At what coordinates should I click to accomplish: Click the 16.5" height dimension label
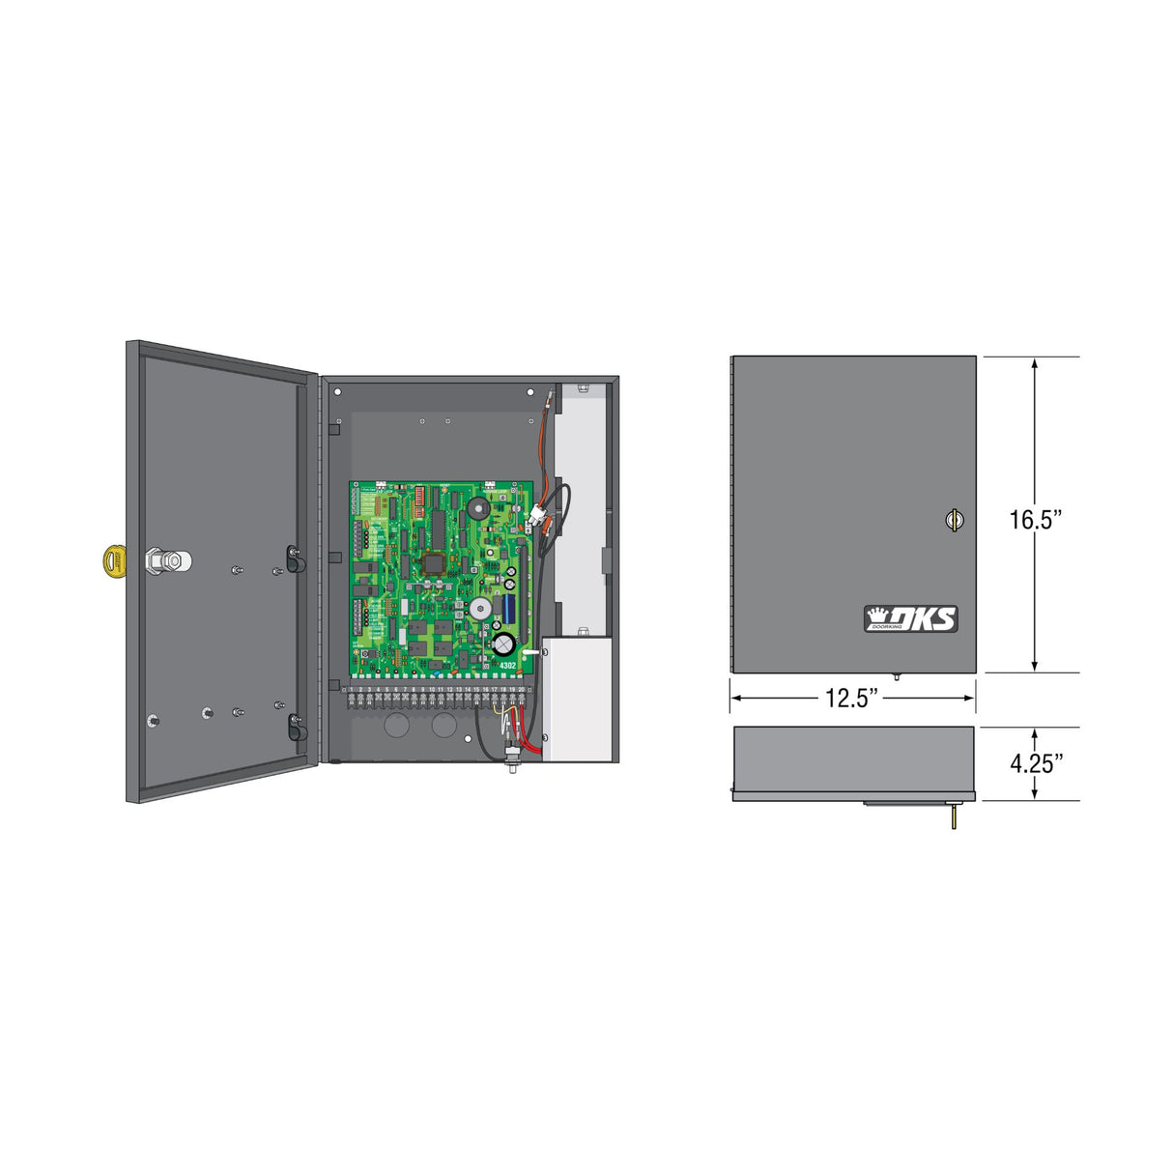click(1036, 519)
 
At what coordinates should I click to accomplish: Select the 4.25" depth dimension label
click(1036, 763)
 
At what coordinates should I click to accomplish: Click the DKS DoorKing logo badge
click(910, 618)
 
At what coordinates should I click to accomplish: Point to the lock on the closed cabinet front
click(954, 520)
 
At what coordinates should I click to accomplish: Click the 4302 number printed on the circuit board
click(508, 665)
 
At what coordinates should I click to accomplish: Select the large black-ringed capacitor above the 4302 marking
click(503, 643)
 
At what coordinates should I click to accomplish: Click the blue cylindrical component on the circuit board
click(508, 608)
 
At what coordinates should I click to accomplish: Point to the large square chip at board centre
click(432, 562)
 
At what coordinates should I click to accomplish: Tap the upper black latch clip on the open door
click(294, 558)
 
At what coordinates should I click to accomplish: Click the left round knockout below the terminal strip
click(397, 725)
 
